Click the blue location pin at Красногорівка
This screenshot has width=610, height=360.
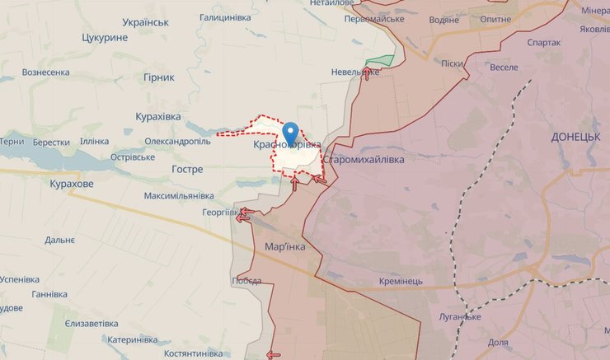pos(290,132)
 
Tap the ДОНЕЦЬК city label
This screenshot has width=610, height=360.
pos(576,136)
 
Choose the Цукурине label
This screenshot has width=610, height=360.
pos(105,38)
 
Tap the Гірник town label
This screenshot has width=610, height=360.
pos(159,77)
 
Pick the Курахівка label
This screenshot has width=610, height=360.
pos(157,117)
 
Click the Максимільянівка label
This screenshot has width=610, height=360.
pos(178,196)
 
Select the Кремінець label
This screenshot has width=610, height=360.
pos(401,281)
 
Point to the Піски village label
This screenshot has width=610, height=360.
pos(451,63)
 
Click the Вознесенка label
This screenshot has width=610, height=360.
pos(45,72)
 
